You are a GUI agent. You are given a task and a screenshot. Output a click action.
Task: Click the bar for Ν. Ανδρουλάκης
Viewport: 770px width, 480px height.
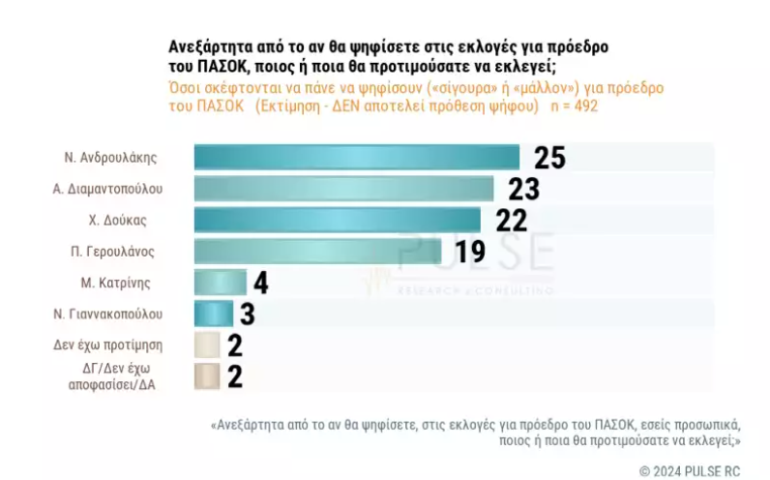(356, 157)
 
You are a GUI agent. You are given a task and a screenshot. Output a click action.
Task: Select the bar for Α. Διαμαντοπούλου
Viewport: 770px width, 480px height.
(343, 188)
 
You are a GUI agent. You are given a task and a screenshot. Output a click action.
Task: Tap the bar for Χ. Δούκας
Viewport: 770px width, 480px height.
(337, 220)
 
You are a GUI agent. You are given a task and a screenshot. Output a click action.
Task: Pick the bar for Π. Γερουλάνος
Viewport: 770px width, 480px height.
(317, 251)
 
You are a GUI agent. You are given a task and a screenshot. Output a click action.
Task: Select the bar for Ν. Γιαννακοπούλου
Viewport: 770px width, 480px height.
(213, 314)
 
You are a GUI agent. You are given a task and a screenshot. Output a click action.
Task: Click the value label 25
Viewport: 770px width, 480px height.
(548, 157)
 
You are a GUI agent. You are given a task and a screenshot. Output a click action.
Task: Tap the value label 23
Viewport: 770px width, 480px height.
(523, 188)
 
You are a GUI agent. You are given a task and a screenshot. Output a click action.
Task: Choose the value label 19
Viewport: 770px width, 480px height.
(470, 252)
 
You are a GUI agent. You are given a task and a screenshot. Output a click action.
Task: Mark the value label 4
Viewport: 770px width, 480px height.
(261, 283)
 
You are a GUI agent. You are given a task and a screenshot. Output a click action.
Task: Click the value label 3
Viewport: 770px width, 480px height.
(249, 314)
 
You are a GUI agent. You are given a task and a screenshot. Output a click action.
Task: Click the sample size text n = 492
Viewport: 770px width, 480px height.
(574, 105)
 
